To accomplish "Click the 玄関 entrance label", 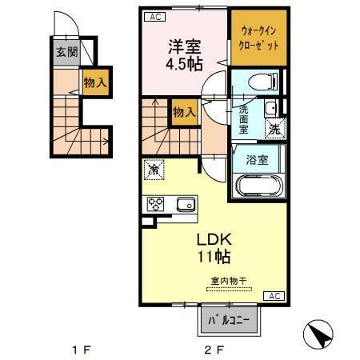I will [66, 54].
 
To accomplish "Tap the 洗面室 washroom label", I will [241, 118].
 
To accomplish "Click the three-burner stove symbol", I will [156, 204].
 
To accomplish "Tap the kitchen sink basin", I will [185, 204].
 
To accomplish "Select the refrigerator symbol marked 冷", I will [153, 170].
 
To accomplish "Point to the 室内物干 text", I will [229, 280].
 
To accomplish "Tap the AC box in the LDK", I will [273, 297].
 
